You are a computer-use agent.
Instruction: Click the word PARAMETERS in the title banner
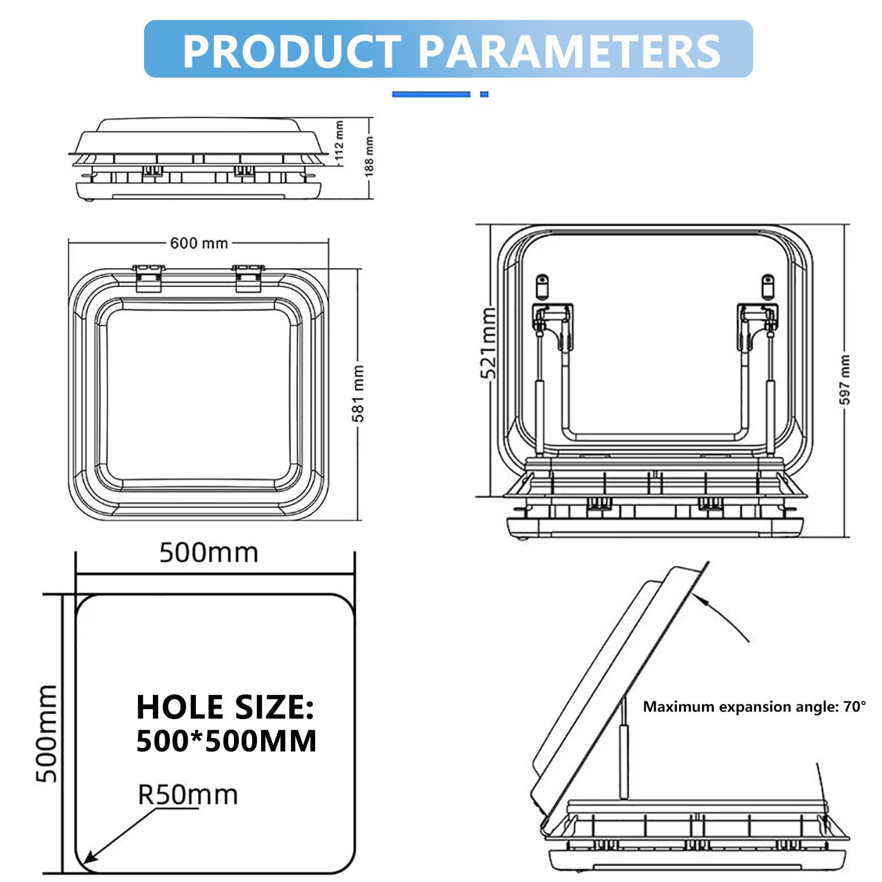tap(569, 51)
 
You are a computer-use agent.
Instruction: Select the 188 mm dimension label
tap(369, 156)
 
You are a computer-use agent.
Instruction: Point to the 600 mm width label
tap(199, 243)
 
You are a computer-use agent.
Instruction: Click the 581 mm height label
tap(358, 393)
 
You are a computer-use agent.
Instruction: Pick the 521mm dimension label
tap(489, 343)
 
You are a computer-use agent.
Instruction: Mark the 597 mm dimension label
tap(844, 379)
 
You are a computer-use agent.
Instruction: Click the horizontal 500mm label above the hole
tap(209, 553)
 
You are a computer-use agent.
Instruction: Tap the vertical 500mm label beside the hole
tap(47, 733)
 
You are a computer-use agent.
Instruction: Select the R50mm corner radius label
tap(188, 794)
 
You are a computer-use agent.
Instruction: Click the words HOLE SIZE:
tap(225, 707)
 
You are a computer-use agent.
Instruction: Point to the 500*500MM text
tap(226, 741)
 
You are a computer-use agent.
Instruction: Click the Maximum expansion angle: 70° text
tap(754, 706)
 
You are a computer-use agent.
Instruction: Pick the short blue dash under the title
tap(484, 94)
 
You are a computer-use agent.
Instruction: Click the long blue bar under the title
tap(431, 94)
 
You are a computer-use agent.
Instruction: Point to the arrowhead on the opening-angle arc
tap(698, 597)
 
